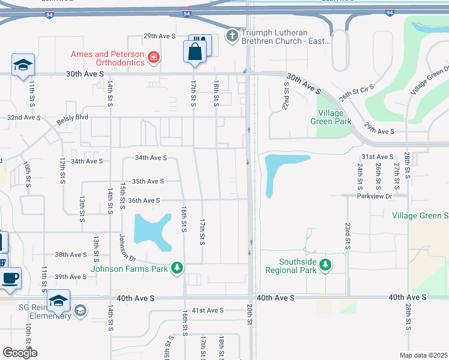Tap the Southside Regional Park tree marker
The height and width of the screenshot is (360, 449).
(325, 265)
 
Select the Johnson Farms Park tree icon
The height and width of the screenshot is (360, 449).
(176, 267)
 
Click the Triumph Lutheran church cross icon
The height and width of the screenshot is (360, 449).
(232, 36)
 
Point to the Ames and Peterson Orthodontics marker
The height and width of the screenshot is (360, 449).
(154, 57)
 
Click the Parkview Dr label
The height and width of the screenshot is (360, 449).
(374, 196)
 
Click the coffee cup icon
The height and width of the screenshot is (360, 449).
(11, 278)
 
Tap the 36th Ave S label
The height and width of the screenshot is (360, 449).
(144, 200)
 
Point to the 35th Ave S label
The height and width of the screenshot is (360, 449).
(148, 181)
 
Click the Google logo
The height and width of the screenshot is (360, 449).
(20, 353)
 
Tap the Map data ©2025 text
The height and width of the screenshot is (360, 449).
(423, 355)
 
